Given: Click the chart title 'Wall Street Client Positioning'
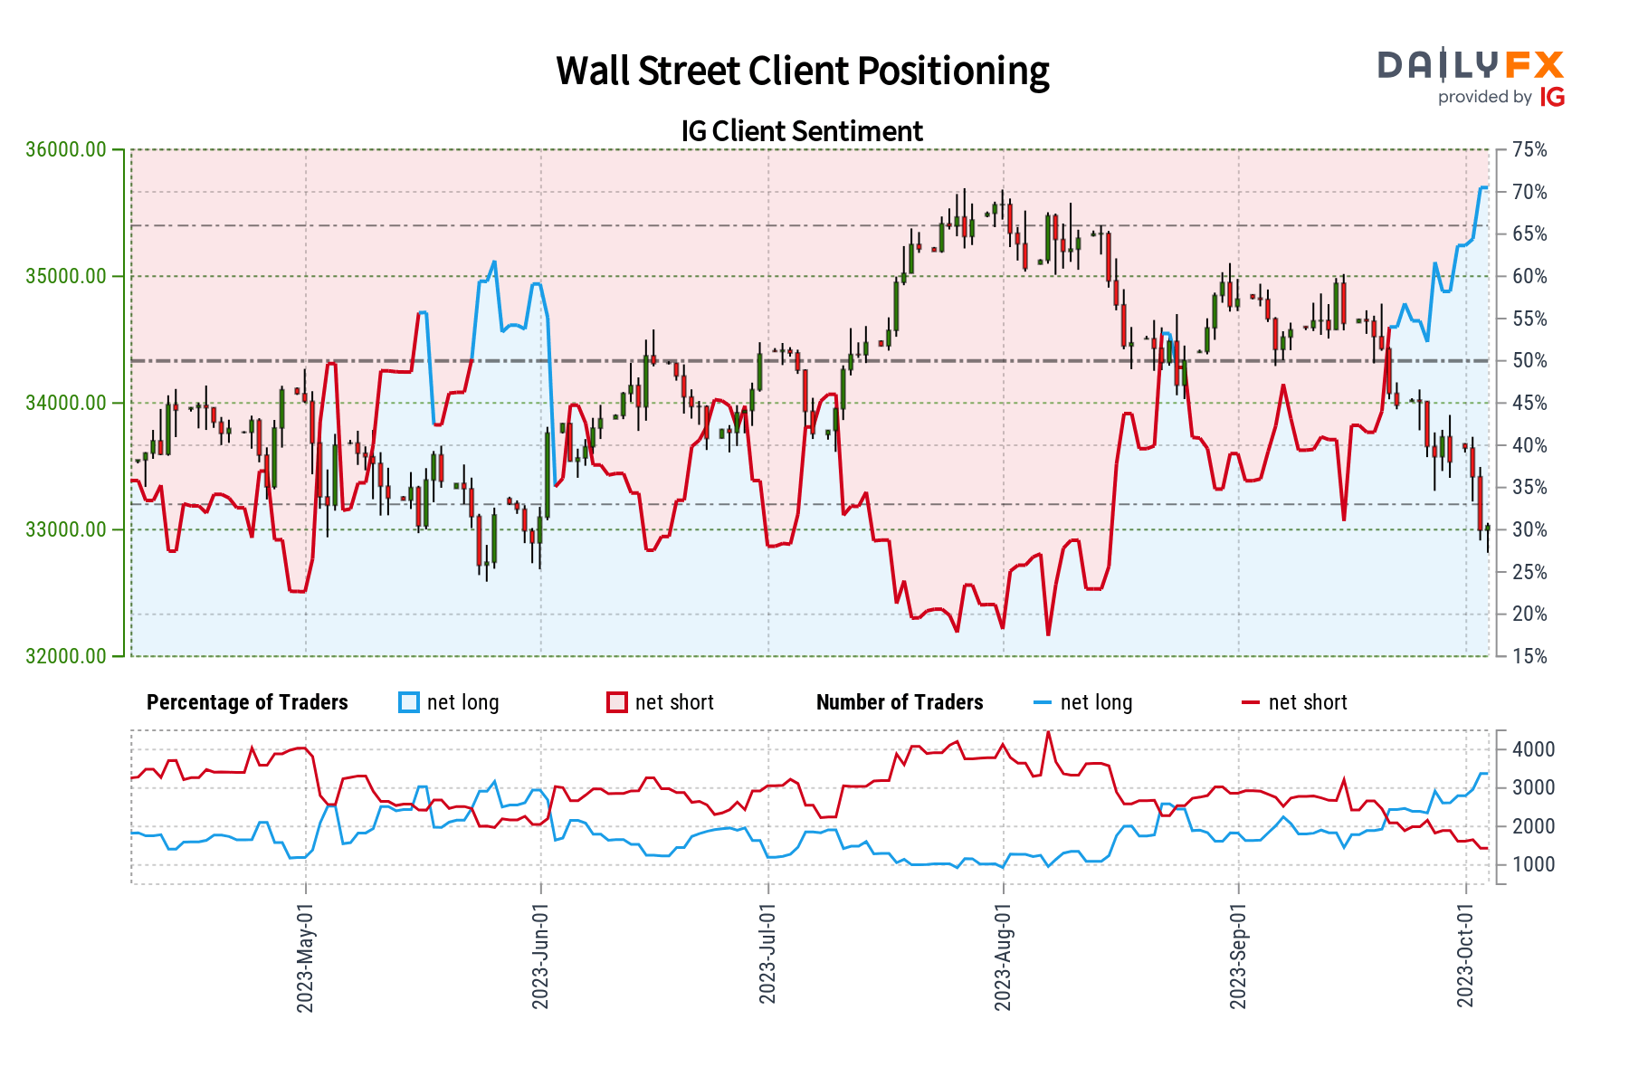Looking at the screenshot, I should point(802,71).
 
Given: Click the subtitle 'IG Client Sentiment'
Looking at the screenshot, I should point(802,131).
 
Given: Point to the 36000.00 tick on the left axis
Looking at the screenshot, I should point(66,149).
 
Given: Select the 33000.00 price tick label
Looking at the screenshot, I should point(66,529).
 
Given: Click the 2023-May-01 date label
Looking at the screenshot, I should point(305,957).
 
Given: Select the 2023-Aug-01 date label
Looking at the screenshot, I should point(1003,957).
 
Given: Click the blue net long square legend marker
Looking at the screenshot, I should point(409,703).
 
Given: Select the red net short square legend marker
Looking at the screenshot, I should point(617,703).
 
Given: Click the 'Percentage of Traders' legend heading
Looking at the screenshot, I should point(247,703).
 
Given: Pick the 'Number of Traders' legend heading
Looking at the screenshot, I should point(900,703).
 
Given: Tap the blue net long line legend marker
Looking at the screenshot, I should point(1043,703).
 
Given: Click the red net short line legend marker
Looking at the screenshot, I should point(1251,703).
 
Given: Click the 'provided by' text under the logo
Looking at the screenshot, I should point(1485,97).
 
